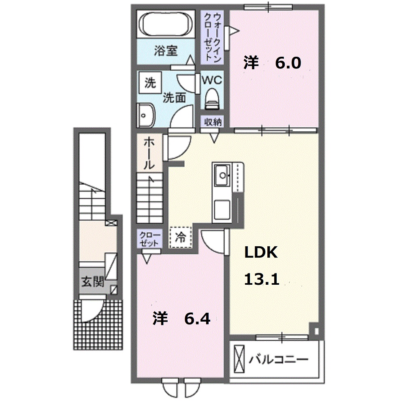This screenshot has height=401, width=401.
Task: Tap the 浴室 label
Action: (x=166, y=51)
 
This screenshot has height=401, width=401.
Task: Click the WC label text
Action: (x=212, y=80)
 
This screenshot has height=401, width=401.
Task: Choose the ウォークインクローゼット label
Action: (x=212, y=36)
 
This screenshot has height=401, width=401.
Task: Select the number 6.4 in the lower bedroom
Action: (x=197, y=319)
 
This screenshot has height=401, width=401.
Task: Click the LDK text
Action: (x=260, y=253)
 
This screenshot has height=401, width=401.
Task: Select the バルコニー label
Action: (x=279, y=359)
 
